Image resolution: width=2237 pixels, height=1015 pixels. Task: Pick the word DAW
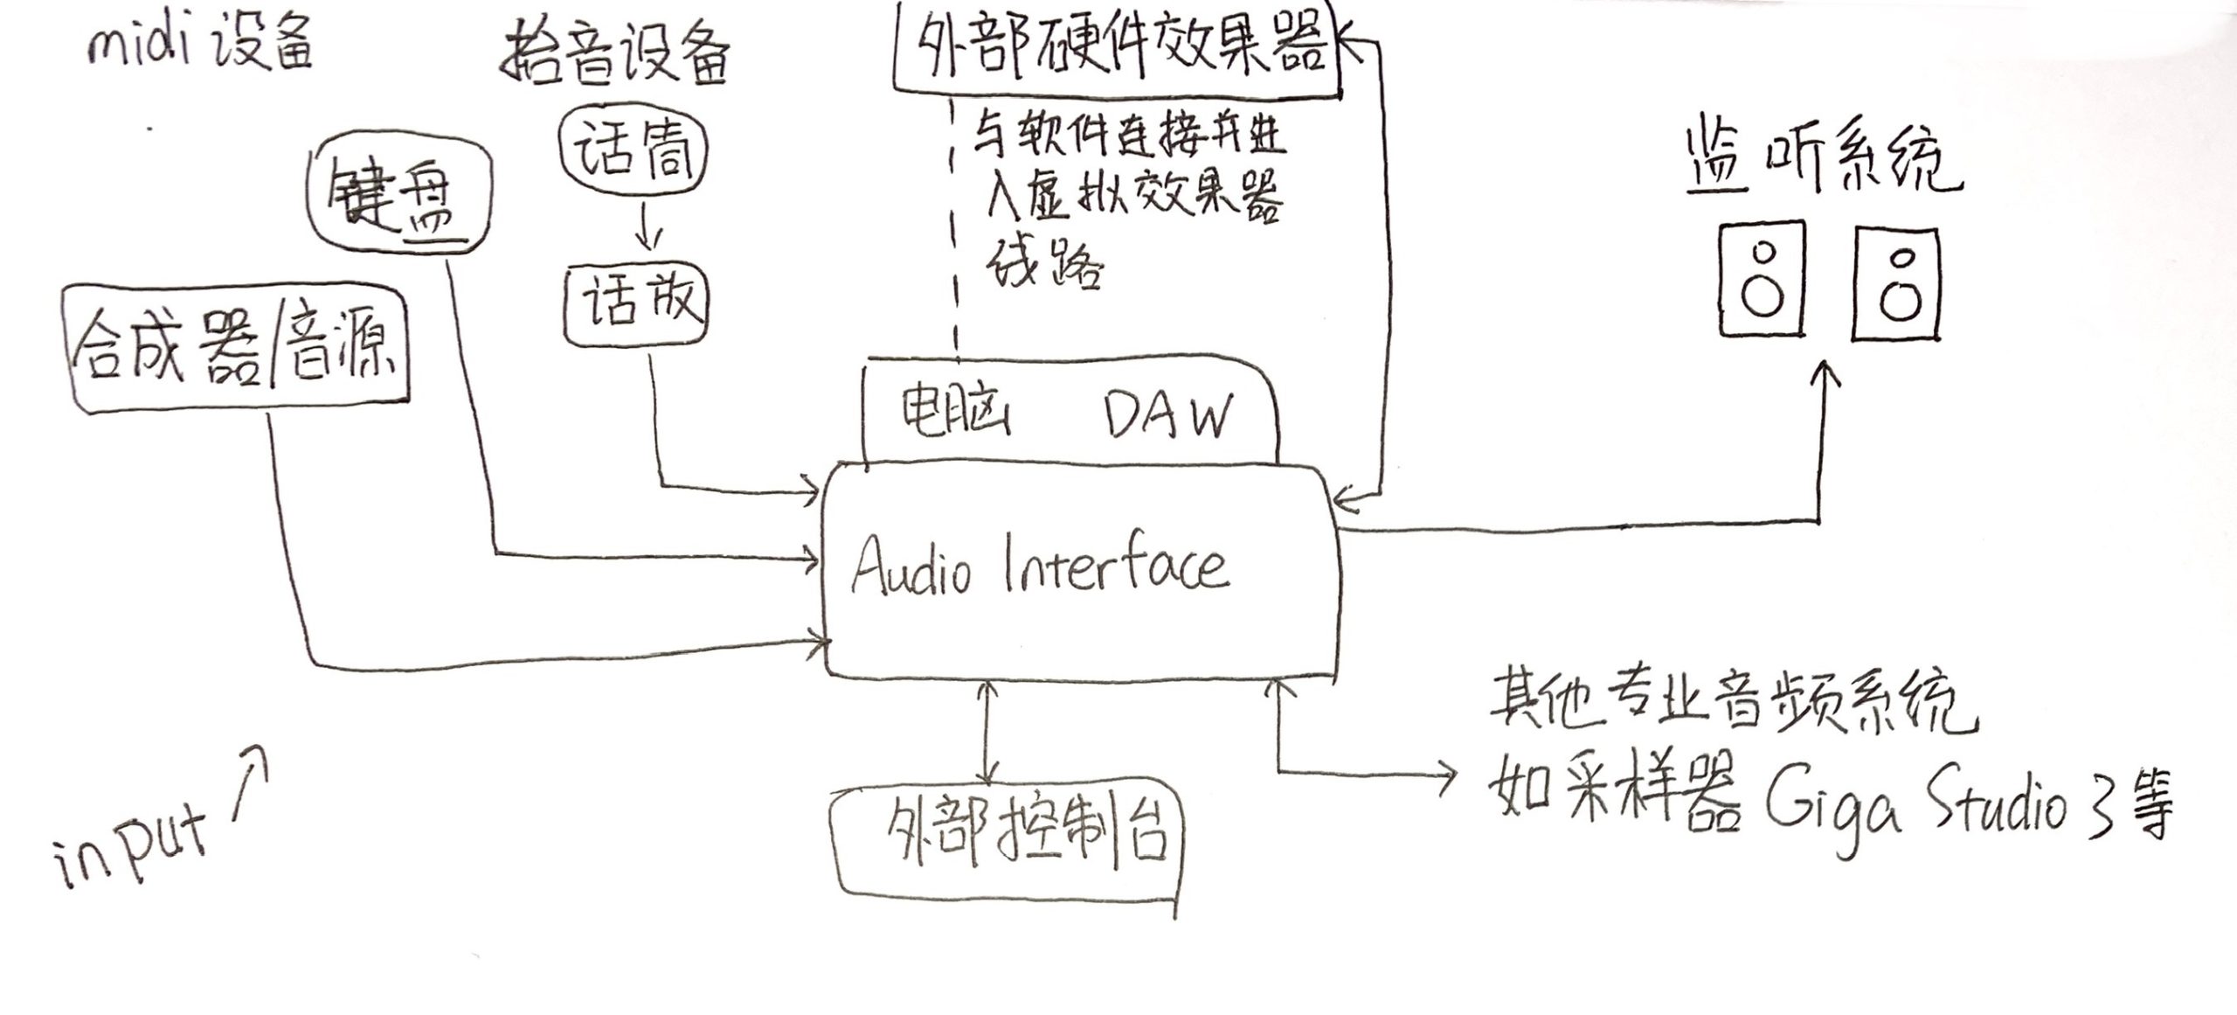coord(1169,416)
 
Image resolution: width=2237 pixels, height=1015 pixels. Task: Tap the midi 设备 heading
coord(199,44)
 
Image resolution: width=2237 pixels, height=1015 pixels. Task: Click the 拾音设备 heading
coord(616,58)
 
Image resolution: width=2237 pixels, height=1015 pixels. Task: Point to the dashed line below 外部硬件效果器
coord(953,227)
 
